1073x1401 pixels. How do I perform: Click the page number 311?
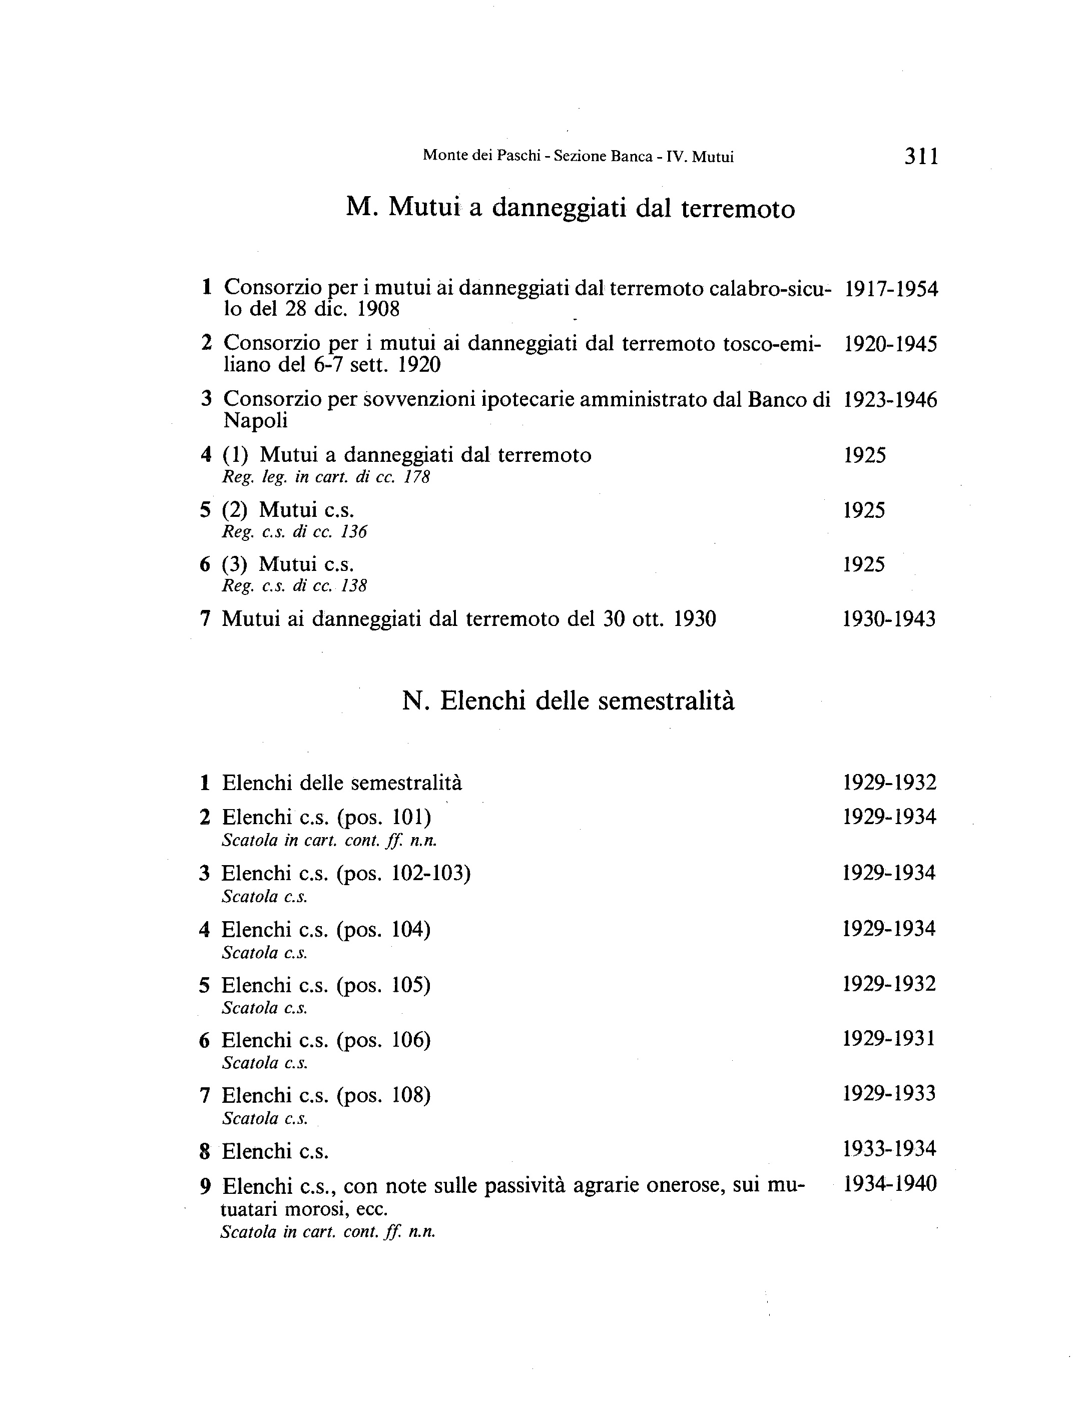(x=921, y=157)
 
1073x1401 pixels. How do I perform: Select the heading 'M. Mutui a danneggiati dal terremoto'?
(x=571, y=208)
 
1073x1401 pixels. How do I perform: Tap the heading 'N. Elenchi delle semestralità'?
(x=569, y=701)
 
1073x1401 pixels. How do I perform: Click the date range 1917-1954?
(x=891, y=289)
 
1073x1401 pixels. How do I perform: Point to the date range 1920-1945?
(x=890, y=345)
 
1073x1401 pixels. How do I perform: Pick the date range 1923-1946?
(x=890, y=400)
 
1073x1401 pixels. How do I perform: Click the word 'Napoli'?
(x=255, y=421)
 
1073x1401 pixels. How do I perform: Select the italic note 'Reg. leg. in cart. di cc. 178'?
(x=326, y=477)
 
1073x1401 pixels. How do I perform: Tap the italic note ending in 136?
(x=294, y=532)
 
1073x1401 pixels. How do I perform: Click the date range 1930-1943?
(x=889, y=619)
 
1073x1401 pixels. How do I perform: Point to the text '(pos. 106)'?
(x=384, y=1040)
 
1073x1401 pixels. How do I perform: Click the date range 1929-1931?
(x=889, y=1039)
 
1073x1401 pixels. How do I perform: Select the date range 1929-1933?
(x=889, y=1094)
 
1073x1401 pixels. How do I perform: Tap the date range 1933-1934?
(x=889, y=1149)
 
